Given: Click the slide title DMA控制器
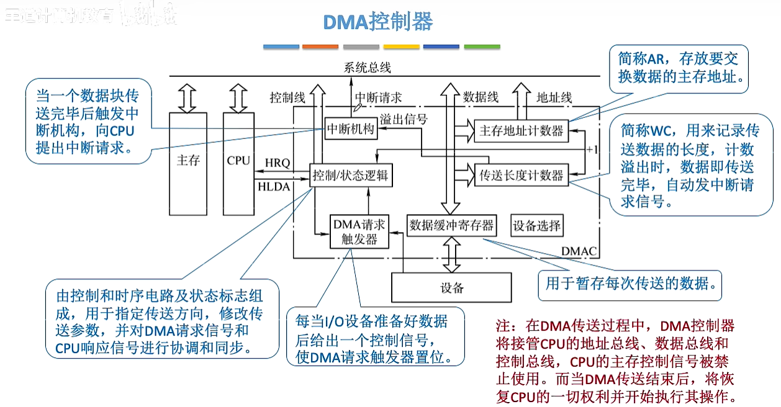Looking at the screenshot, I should click(378, 22).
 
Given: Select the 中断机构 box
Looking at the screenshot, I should click(351, 129).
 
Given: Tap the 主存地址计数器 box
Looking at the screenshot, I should click(521, 131).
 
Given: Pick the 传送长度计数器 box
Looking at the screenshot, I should click(521, 176).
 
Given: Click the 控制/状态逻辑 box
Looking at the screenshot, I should click(351, 176).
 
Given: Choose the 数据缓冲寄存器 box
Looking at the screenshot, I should click(451, 225).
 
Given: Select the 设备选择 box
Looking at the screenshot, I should click(536, 226).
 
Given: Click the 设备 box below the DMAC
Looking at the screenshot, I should click(451, 287).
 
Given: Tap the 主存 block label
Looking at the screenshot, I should click(188, 161).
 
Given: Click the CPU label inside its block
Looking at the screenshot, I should click(238, 161).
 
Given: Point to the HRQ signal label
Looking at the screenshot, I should click(278, 163).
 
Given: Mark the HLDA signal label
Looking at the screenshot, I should click(274, 186).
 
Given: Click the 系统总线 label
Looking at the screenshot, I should click(368, 68).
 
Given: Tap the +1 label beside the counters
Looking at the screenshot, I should click(592, 150).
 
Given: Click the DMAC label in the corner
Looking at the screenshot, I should click(579, 251).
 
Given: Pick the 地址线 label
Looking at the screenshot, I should click(554, 97).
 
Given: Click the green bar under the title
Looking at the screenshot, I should click(482, 47).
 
